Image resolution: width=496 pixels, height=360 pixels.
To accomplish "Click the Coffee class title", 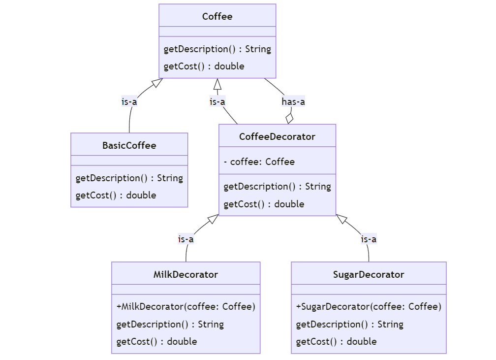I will (x=217, y=17).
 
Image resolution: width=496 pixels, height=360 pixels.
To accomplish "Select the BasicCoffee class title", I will (x=129, y=145).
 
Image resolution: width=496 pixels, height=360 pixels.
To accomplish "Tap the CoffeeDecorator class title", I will (x=277, y=136).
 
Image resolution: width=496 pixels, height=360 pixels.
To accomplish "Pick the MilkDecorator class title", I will (x=186, y=274).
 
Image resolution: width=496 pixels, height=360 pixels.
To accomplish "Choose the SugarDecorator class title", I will (x=369, y=274).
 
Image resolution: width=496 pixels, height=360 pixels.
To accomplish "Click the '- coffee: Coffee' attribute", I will (x=259, y=162).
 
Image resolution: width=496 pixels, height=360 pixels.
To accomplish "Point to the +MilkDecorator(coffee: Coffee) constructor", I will (x=186, y=306).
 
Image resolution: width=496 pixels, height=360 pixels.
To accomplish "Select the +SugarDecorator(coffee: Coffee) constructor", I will (x=369, y=306).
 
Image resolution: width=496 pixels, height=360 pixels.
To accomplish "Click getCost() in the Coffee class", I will (x=204, y=66).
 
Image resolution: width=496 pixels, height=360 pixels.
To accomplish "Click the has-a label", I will (x=293, y=102).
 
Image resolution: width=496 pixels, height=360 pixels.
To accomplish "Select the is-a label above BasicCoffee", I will (x=129, y=102).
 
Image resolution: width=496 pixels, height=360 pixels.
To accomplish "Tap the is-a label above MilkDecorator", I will (x=186, y=239).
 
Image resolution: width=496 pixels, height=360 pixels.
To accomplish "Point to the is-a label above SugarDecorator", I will (x=369, y=239).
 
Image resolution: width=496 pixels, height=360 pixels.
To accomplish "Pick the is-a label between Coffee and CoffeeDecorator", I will (x=217, y=102).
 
